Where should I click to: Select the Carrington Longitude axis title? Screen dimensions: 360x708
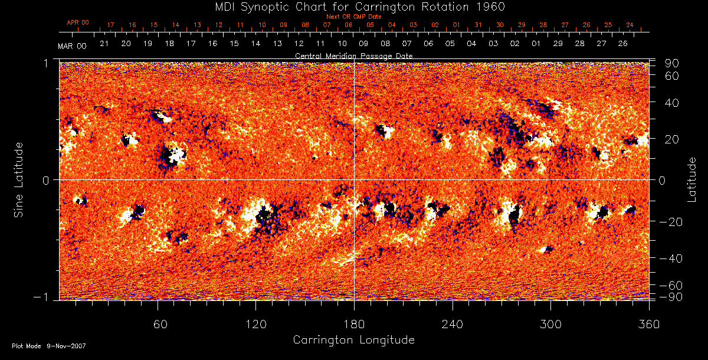click(353, 340)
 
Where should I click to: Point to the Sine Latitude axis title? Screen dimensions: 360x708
click(19, 179)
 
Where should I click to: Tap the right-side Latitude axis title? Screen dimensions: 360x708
click(691, 179)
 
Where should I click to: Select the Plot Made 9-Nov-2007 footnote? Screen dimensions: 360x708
click(49, 346)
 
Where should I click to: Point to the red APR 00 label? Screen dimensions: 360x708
click(78, 22)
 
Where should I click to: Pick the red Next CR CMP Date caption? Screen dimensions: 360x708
click(353, 17)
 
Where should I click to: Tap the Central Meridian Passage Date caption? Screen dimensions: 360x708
click(353, 55)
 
